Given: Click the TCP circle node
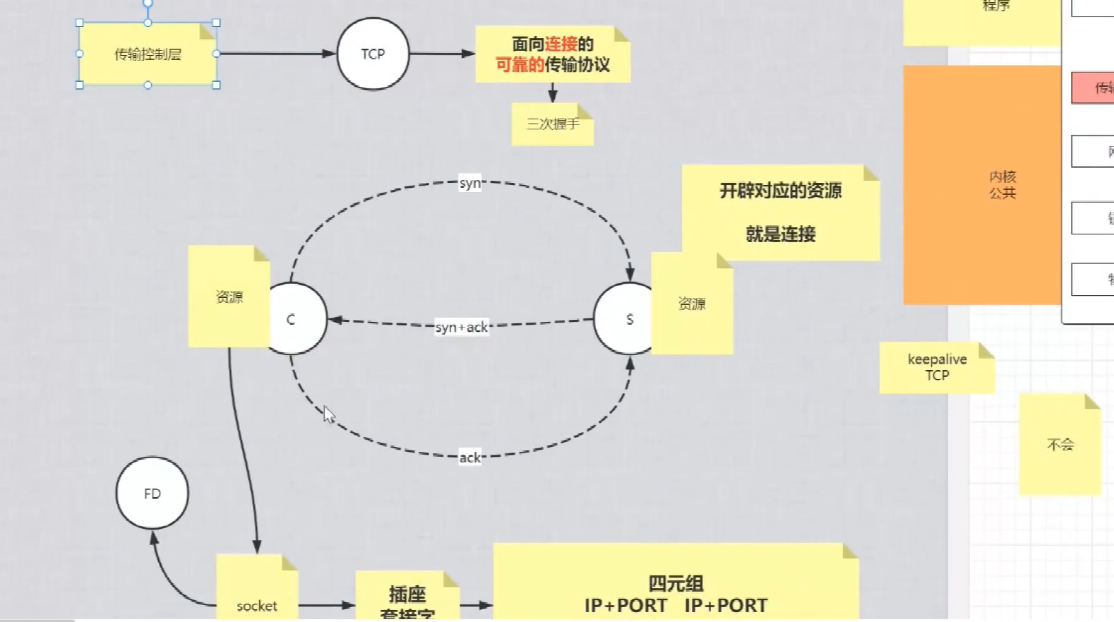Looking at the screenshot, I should pyautogui.click(x=373, y=54).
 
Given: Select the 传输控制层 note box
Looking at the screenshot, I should pyautogui.click(x=148, y=54).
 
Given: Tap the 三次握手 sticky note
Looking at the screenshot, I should pyautogui.click(x=552, y=124).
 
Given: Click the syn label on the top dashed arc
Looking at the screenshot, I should pyautogui.click(x=470, y=183).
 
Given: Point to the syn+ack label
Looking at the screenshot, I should pyautogui.click(x=462, y=327).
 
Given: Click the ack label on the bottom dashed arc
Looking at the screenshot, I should pyautogui.click(x=470, y=457).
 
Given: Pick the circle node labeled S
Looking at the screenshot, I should pyautogui.click(x=625, y=319).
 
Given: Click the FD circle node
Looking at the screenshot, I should pyautogui.click(x=152, y=494).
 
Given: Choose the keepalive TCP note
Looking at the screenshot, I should pyautogui.click(x=937, y=367).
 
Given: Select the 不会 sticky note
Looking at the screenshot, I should pyautogui.click(x=1060, y=444).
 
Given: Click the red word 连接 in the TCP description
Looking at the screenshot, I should pyautogui.click(x=561, y=44).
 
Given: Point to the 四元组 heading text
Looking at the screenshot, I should pyautogui.click(x=676, y=583).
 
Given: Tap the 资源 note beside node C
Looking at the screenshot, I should pyautogui.click(x=229, y=297).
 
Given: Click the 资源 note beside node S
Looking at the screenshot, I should pyautogui.click(x=692, y=304).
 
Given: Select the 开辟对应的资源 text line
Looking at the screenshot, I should pyautogui.click(x=780, y=191).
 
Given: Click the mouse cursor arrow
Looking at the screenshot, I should pyautogui.click(x=328, y=414).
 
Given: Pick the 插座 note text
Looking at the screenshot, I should pyautogui.click(x=407, y=594).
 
